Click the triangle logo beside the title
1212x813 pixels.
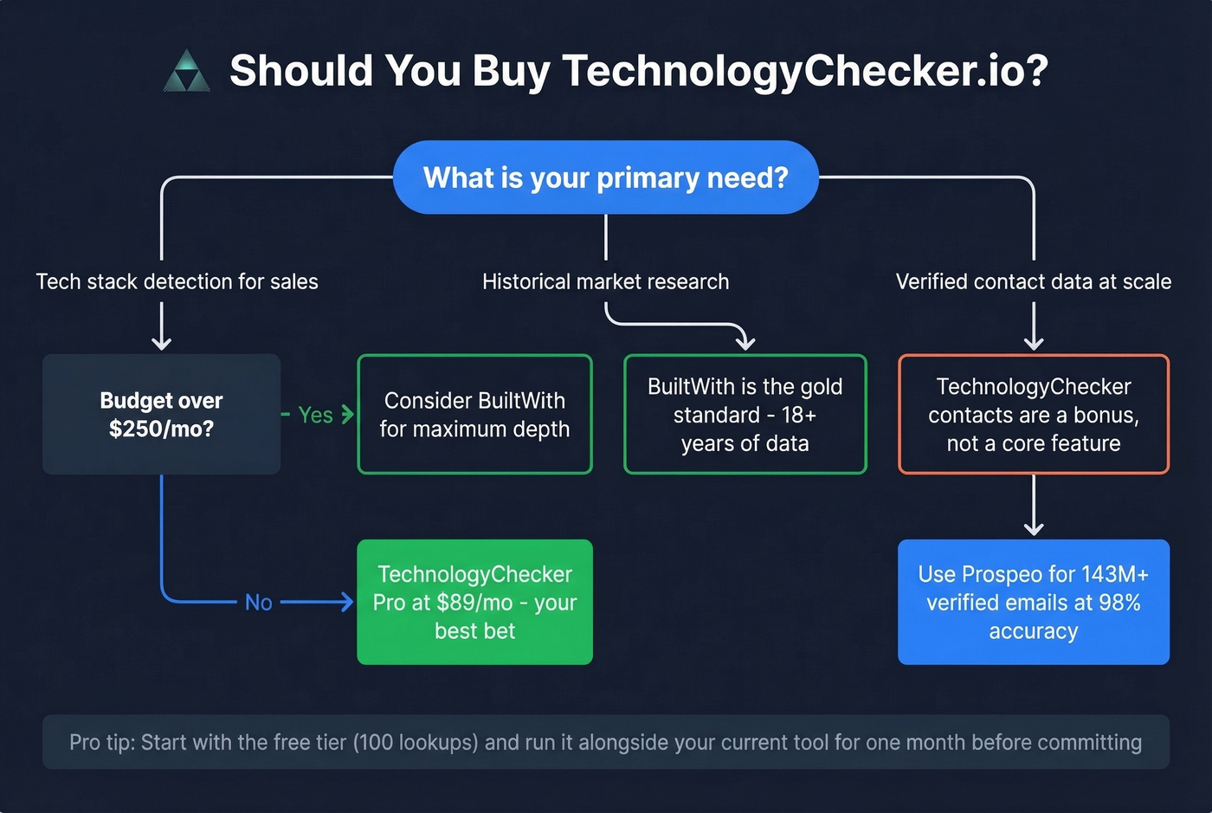point(186,72)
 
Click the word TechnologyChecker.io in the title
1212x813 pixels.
point(805,71)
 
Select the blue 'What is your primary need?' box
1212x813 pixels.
point(605,177)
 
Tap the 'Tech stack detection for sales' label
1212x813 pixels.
point(177,281)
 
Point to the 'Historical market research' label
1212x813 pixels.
point(605,281)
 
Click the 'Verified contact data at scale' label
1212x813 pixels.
point(1033,281)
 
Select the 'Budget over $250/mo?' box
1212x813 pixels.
point(161,415)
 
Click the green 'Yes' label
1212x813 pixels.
point(315,416)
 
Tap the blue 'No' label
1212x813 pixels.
point(258,603)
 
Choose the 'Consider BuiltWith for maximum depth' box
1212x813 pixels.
point(474,415)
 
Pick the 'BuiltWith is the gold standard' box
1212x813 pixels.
point(745,415)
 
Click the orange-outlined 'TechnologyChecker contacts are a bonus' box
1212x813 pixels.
point(1033,415)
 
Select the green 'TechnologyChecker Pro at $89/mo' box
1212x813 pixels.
point(474,603)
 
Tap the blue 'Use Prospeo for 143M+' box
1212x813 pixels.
point(1033,603)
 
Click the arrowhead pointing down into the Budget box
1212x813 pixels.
point(161,343)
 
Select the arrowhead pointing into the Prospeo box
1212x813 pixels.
point(1033,527)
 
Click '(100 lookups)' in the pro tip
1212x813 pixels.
point(416,743)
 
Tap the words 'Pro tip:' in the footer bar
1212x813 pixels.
point(101,743)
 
